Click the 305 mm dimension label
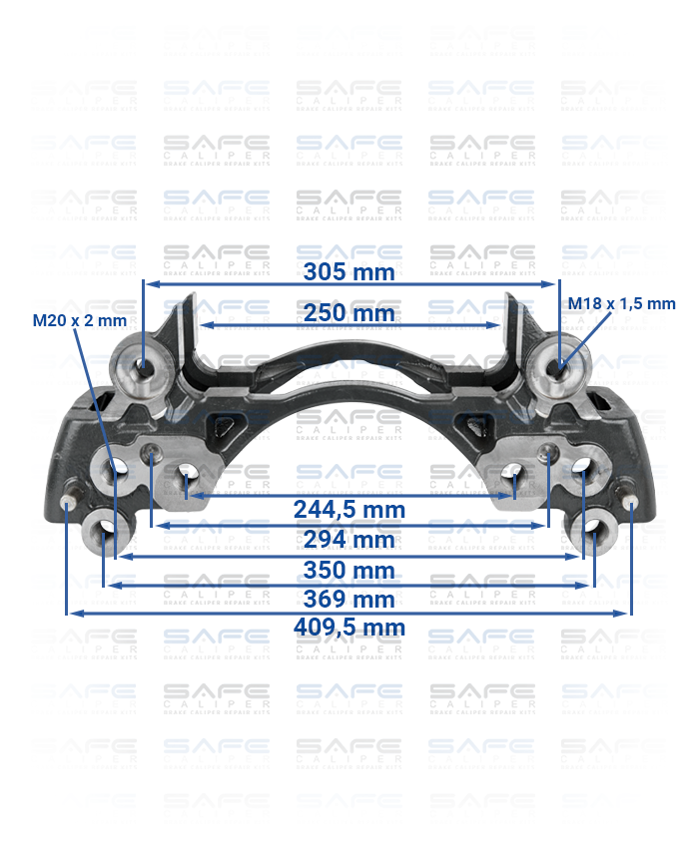(349, 271)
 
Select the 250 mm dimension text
(349, 313)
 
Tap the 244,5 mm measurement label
(349, 510)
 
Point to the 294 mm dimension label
(349, 540)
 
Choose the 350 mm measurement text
(349, 571)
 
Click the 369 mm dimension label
(349, 600)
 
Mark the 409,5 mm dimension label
(349, 628)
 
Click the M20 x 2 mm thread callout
(80, 320)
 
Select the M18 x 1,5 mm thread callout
(621, 303)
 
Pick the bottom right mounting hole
(593, 529)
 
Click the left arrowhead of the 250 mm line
(198, 325)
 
